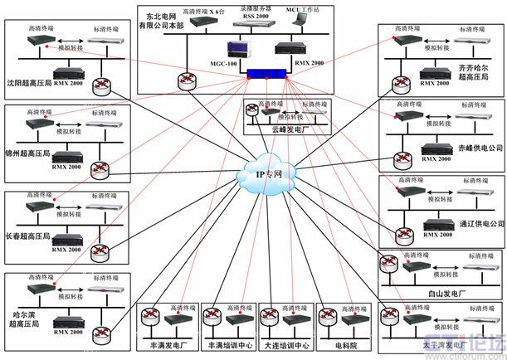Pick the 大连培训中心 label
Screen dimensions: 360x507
coord(285,343)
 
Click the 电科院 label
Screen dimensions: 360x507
coord(344,343)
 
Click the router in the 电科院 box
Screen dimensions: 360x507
coord(329,316)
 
